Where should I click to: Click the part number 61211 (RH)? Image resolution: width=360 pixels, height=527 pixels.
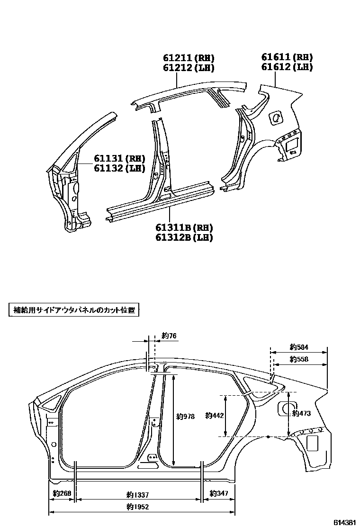point(189,58)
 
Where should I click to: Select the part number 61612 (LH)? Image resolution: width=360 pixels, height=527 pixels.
point(287,67)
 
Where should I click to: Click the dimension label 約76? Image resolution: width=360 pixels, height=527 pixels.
point(169,336)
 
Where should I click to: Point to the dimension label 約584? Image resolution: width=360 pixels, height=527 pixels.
point(299,347)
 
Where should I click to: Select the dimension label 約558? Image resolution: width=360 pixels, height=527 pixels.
point(299,359)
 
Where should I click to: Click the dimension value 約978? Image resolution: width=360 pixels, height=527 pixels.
point(185,417)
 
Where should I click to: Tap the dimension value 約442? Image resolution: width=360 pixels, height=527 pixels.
point(215,416)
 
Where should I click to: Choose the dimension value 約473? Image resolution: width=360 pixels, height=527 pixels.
point(301,413)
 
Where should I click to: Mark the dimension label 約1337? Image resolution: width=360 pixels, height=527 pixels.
point(138,495)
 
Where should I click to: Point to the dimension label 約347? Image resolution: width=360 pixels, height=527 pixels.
point(219,494)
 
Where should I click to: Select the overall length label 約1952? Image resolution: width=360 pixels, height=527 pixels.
point(138,507)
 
